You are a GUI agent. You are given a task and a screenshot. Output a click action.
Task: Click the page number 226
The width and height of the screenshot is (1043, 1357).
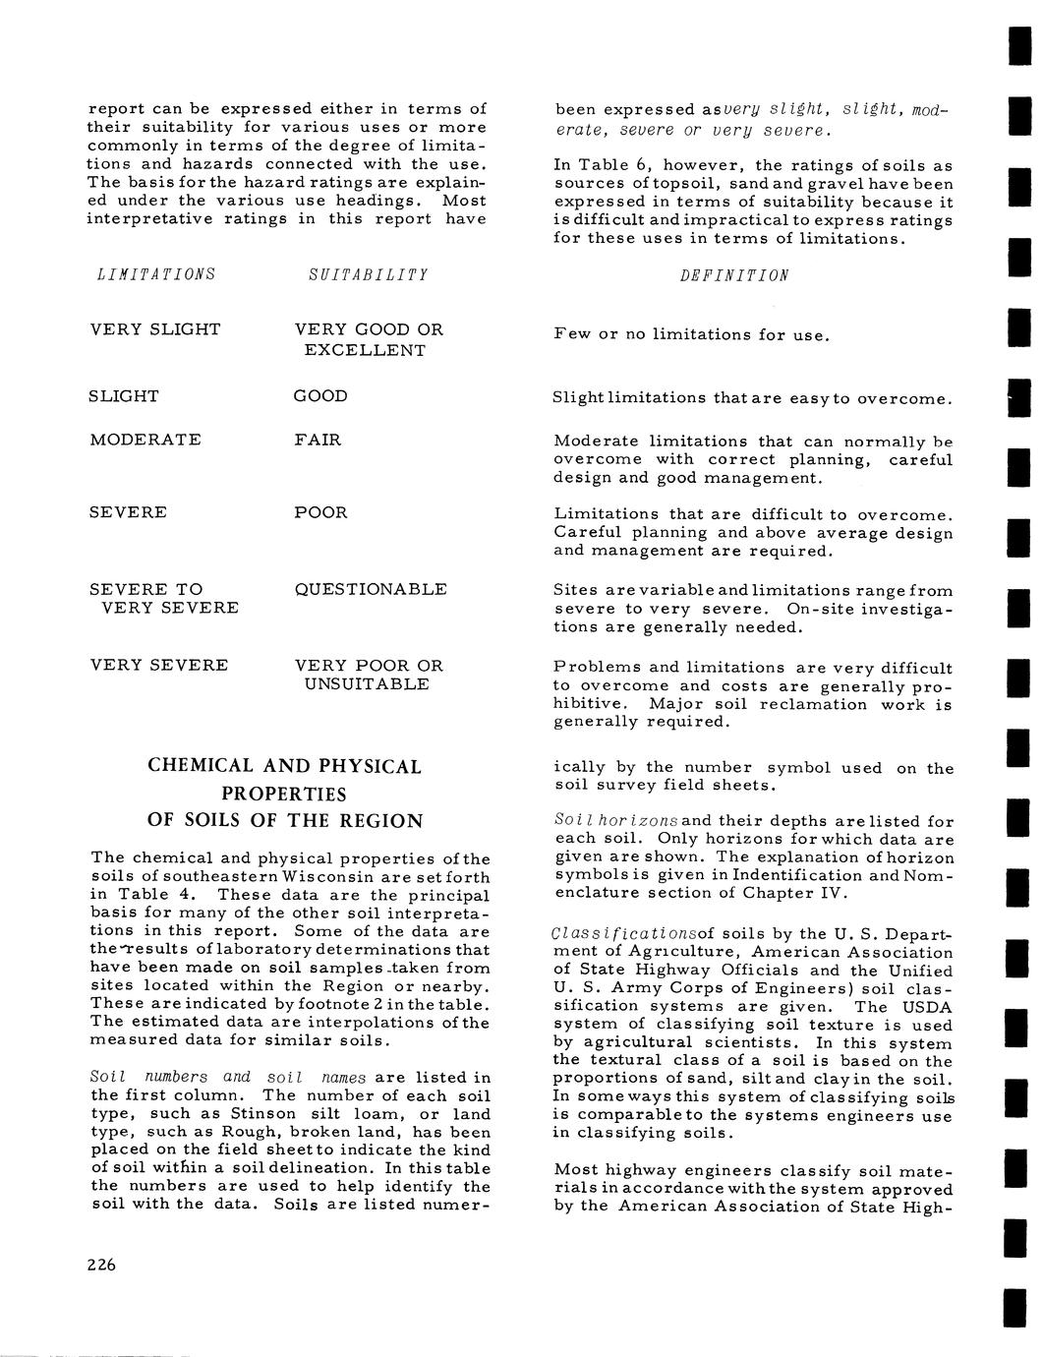(100, 1265)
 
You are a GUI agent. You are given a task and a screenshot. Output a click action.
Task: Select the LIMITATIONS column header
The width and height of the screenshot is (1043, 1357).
(152, 274)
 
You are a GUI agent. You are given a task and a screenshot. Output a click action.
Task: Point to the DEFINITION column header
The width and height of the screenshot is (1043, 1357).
(733, 275)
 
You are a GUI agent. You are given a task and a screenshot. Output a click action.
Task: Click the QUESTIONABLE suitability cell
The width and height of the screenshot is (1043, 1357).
(370, 589)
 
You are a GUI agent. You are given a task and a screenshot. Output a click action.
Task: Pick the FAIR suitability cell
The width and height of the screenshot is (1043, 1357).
(317, 440)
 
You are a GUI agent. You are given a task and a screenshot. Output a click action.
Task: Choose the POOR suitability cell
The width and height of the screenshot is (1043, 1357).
(320, 512)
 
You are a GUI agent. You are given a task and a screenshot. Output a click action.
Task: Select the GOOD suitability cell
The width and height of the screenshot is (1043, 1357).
(319, 396)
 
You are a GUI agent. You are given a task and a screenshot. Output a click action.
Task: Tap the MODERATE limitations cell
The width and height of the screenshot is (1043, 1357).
(145, 440)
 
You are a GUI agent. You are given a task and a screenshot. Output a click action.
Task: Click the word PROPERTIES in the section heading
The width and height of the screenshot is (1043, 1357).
(284, 794)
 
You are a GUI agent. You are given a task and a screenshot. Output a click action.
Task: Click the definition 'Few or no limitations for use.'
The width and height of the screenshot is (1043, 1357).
(691, 334)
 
